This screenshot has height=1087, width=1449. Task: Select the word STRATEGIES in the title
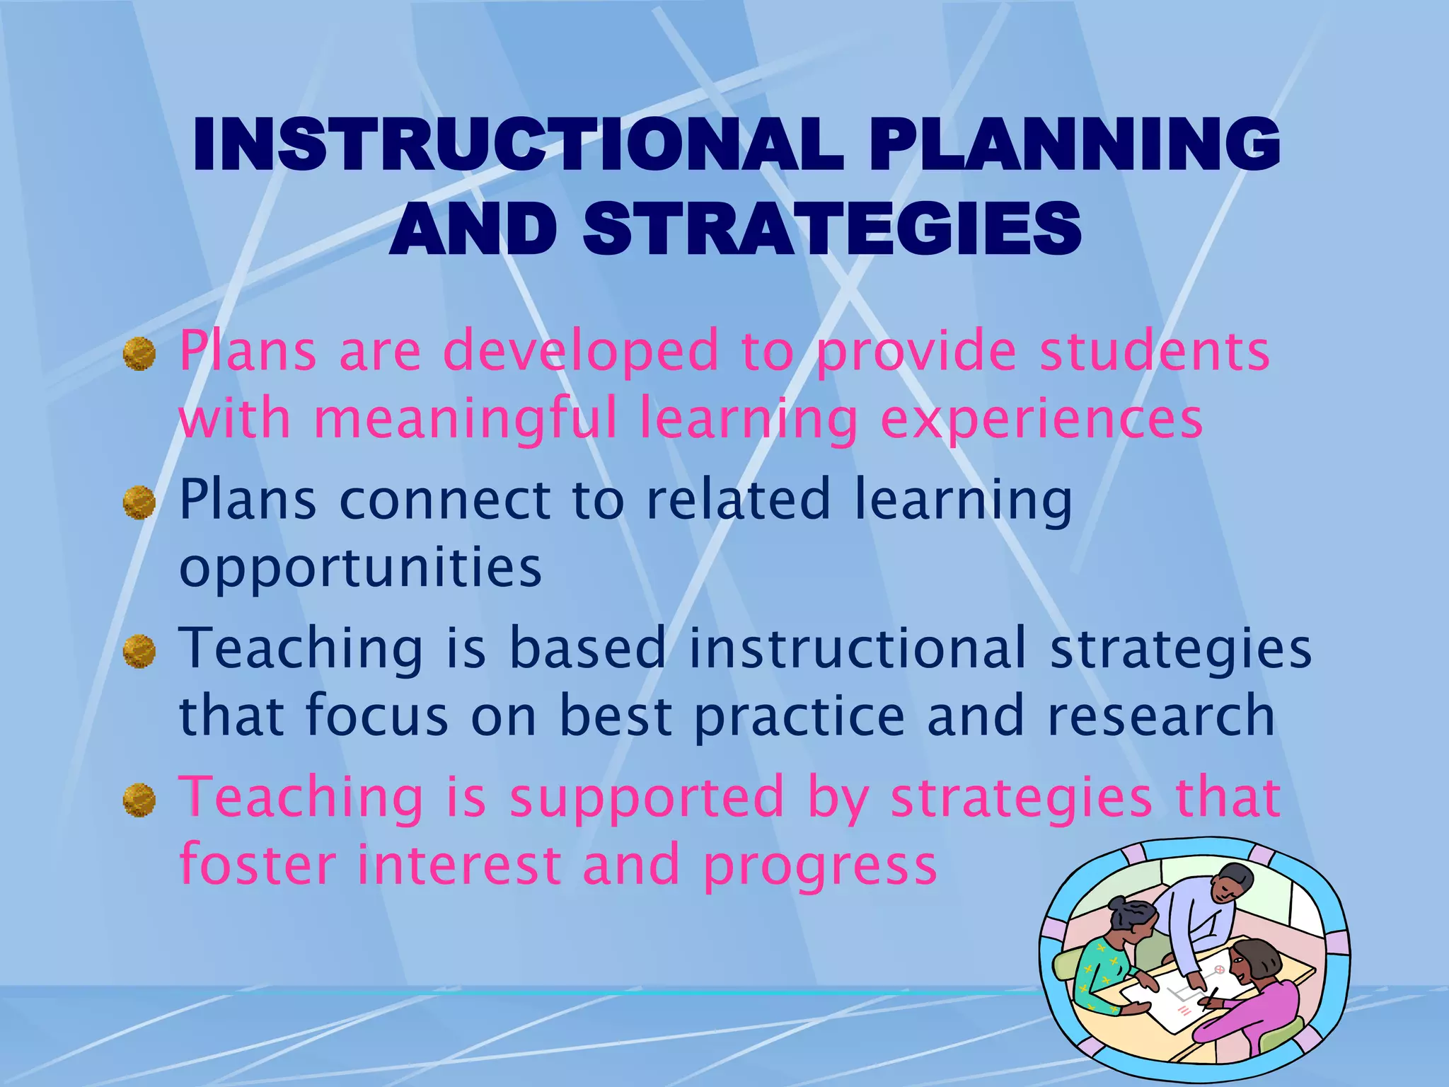click(x=832, y=229)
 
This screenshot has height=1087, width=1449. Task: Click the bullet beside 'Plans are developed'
click(x=139, y=354)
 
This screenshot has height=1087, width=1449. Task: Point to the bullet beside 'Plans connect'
click(x=139, y=502)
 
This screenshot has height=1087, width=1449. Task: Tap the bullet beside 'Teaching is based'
click(x=139, y=651)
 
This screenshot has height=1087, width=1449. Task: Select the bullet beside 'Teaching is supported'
click(x=139, y=800)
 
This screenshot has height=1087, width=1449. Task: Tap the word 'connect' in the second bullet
click(x=444, y=500)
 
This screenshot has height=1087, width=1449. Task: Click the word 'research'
click(x=1161, y=716)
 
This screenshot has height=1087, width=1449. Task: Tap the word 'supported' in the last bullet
click(x=647, y=798)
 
